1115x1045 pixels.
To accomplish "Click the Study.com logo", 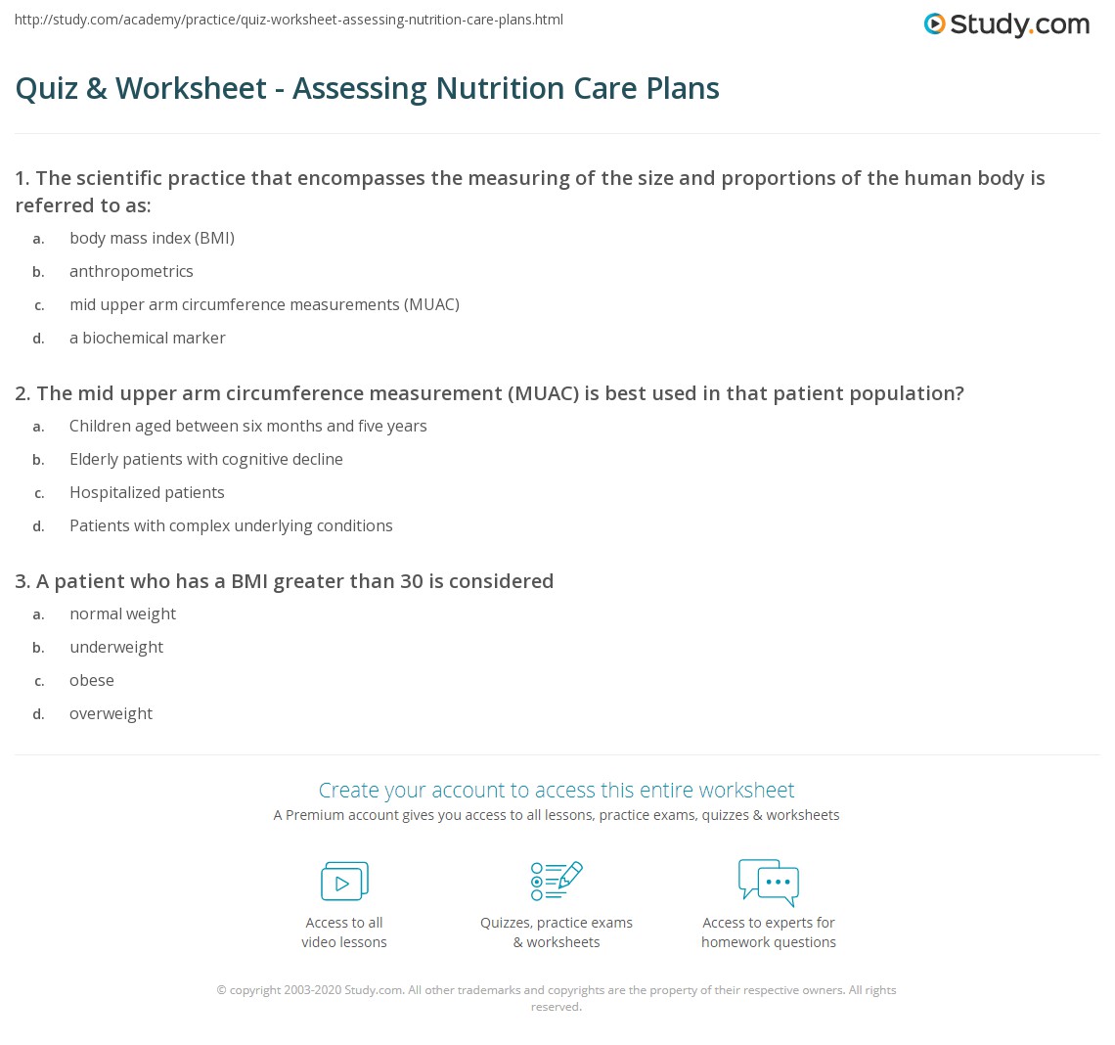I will tap(1006, 24).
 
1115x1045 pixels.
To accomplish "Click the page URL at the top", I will tap(289, 20).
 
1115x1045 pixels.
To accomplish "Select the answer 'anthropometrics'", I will tap(131, 271).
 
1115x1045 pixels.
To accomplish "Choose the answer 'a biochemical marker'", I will tap(147, 338).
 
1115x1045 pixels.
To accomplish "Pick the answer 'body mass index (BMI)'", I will tap(152, 238).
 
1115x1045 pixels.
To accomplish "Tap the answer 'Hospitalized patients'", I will tap(147, 492).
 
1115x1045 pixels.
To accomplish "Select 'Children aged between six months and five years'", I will tap(247, 426).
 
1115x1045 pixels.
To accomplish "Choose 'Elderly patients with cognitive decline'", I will tap(205, 459).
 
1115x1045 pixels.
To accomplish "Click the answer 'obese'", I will tap(92, 680).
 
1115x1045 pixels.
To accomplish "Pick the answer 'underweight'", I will tap(116, 647).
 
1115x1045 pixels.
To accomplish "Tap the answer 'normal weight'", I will tap(122, 613).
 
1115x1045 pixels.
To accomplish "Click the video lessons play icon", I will tap(344, 882).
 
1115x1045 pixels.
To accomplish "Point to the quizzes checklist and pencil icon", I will tap(557, 881).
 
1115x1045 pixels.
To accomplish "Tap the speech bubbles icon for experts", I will tap(769, 882).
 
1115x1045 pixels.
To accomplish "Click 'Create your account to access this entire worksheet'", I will tap(557, 790).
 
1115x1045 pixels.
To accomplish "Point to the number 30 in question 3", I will tap(411, 581).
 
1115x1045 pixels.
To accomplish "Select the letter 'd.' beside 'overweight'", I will tap(38, 714).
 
